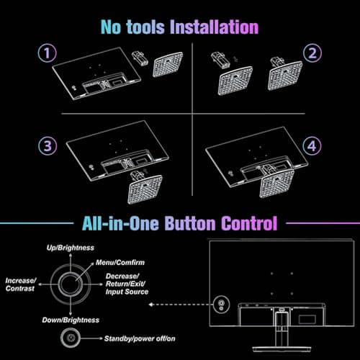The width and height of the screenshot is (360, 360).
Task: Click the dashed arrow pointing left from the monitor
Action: pyautogui.click(x=180, y=305)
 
